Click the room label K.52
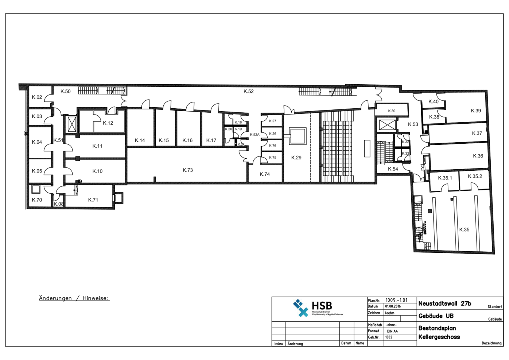(x=248, y=92)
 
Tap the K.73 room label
(x=187, y=170)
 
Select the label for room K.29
(x=296, y=158)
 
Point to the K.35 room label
(x=464, y=230)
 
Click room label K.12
(x=108, y=123)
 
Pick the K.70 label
(x=37, y=200)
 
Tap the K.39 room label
(x=475, y=111)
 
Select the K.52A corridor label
(x=254, y=135)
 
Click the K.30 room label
(x=391, y=111)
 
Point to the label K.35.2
(x=475, y=177)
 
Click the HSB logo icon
(x=301, y=308)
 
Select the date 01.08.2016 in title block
(x=393, y=306)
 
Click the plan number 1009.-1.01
(x=396, y=300)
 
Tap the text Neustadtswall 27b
(x=444, y=303)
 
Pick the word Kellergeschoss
(x=439, y=337)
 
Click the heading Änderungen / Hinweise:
(x=74, y=298)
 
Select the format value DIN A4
(x=392, y=331)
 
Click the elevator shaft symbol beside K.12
(x=72, y=124)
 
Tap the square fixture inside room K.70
(x=35, y=189)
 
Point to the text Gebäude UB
(x=436, y=316)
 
